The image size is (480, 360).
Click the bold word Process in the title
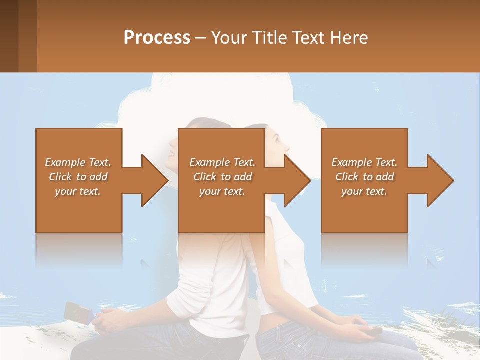(157, 38)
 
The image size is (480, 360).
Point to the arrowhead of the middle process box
(297, 180)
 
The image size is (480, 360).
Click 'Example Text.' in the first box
(78, 162)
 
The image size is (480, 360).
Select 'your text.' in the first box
(78, 191)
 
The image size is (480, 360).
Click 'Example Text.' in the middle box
(222, 162)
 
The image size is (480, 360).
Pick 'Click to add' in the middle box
(222, 177)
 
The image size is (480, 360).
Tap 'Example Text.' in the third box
(364, 162)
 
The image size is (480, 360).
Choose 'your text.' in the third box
(364, 191)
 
